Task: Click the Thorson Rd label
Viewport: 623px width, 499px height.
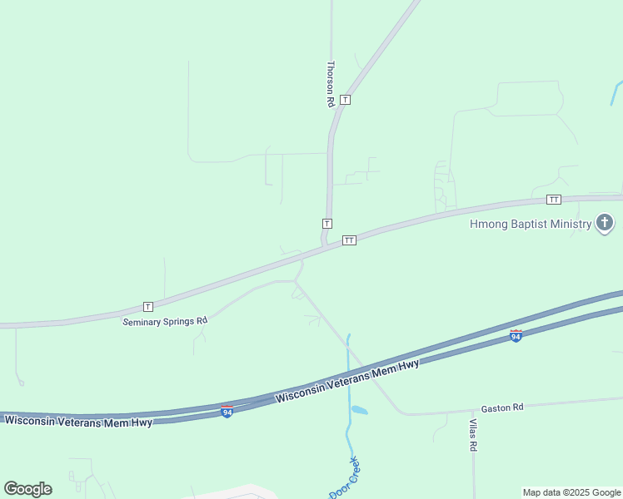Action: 331,83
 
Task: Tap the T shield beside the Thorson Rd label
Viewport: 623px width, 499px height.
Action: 346,100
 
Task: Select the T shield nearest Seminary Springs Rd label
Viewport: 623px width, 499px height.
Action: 148,306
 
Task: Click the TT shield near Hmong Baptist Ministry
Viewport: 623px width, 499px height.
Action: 554,200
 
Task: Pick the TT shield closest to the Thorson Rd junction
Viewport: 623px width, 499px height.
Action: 350,240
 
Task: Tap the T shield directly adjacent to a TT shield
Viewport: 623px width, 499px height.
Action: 327,224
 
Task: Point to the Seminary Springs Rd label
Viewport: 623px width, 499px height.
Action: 165,321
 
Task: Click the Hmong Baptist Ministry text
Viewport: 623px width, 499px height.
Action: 531,224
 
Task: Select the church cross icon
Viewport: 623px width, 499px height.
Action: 605,223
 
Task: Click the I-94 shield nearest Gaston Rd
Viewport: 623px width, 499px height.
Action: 516,335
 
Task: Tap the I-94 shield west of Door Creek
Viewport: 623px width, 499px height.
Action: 227,411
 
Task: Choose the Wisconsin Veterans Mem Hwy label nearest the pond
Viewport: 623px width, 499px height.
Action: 347,382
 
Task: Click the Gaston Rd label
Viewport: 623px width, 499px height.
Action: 502,408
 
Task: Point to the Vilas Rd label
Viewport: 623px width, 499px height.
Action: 473,434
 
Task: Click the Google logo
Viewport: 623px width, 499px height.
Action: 27,488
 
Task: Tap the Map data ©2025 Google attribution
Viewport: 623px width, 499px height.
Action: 572,492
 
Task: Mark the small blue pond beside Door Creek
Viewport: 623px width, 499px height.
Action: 359,410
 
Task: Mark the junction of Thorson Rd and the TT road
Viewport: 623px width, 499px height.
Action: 324,245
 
